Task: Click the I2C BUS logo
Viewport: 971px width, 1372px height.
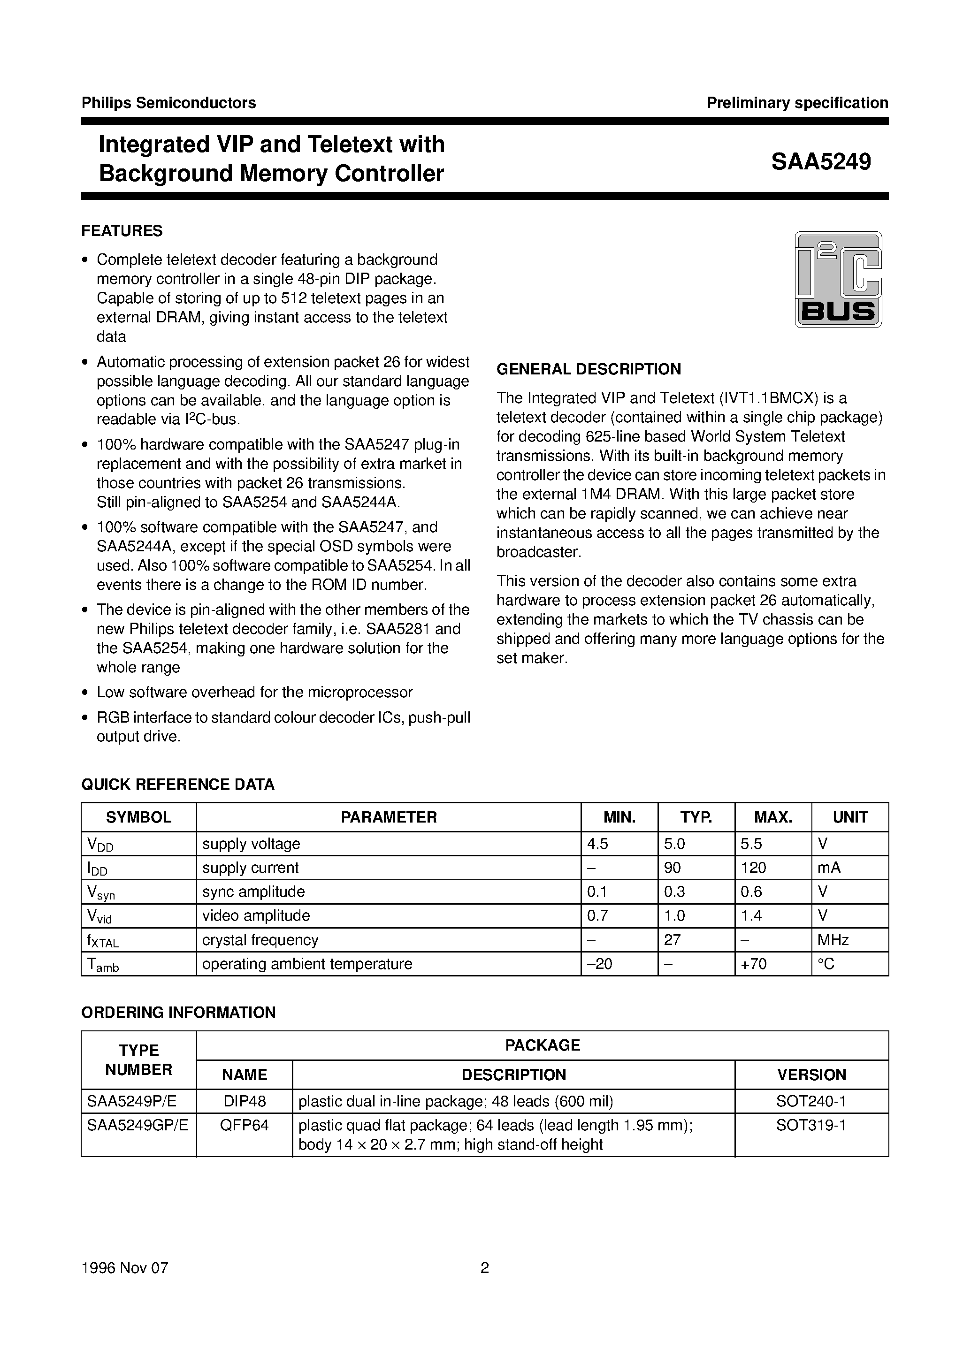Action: pyautogui.click(x=838, y=279)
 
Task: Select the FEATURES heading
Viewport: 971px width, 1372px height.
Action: pyautogui.click(x=122, y=231)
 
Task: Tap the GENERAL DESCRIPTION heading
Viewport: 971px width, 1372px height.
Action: pyautogui.click(x=589, y=369)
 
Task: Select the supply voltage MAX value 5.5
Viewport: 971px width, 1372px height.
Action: pyautogui.click(x=751, y=844)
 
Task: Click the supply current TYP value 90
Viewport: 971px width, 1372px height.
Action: pyautogui.click(x=673, y=868)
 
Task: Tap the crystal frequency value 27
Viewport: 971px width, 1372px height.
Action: pyautogui.click(x=672, y=940)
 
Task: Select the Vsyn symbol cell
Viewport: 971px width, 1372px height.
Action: pyautogui.click(x=100, y=892)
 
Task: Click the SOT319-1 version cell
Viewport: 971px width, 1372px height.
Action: pyautogui.click(x=811, y=1125)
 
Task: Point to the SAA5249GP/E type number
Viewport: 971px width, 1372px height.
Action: pyautogui.click(x=138, y=1125)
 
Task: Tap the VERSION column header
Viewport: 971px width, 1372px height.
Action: pyautogui.click(x=811, y=1075)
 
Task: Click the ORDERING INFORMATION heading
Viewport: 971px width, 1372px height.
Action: pyautogui.click(x=178, y=1012)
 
